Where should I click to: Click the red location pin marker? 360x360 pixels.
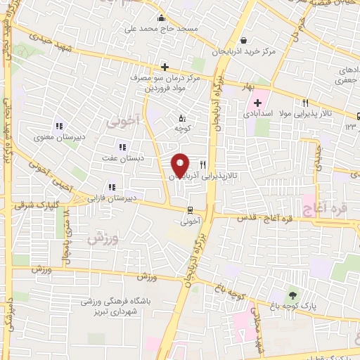[x=180, y=165]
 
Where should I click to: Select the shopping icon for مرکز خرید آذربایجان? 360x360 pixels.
[x=243, y=40]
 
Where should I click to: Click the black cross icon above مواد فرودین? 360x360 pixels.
[x=165, y=67]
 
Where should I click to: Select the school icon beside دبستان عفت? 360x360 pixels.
[x=122, y=147]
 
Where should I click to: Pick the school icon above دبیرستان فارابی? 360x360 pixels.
[x=111, y=187]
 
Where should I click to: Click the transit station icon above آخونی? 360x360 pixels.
[x=190, y=210]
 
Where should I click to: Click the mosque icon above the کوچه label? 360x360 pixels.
[x=183, y=118]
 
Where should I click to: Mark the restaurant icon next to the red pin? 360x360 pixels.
[x=202, y=165]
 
